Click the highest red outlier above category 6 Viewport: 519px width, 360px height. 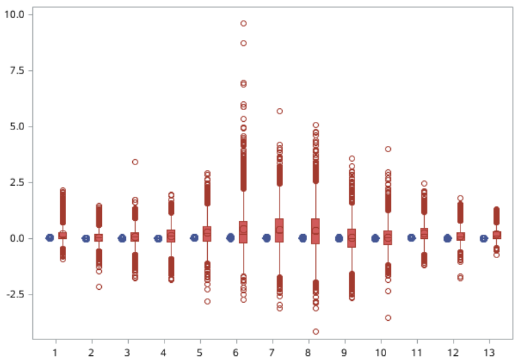point(243,23)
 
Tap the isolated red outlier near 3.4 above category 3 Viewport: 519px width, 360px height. point(135,162)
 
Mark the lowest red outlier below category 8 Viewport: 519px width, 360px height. point(315,331)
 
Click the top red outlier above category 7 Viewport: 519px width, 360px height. point(279,111)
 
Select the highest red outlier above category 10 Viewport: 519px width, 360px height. point(388,149)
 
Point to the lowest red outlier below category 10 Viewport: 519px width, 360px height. point(388,317)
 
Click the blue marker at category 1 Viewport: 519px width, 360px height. point(50,237)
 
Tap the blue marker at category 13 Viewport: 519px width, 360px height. point(484,238)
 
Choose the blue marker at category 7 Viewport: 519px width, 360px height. point(266,237)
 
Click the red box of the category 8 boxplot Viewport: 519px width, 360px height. point(315,231)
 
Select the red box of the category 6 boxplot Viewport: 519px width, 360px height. point(243,232)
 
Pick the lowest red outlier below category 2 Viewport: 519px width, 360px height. point(98,286)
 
